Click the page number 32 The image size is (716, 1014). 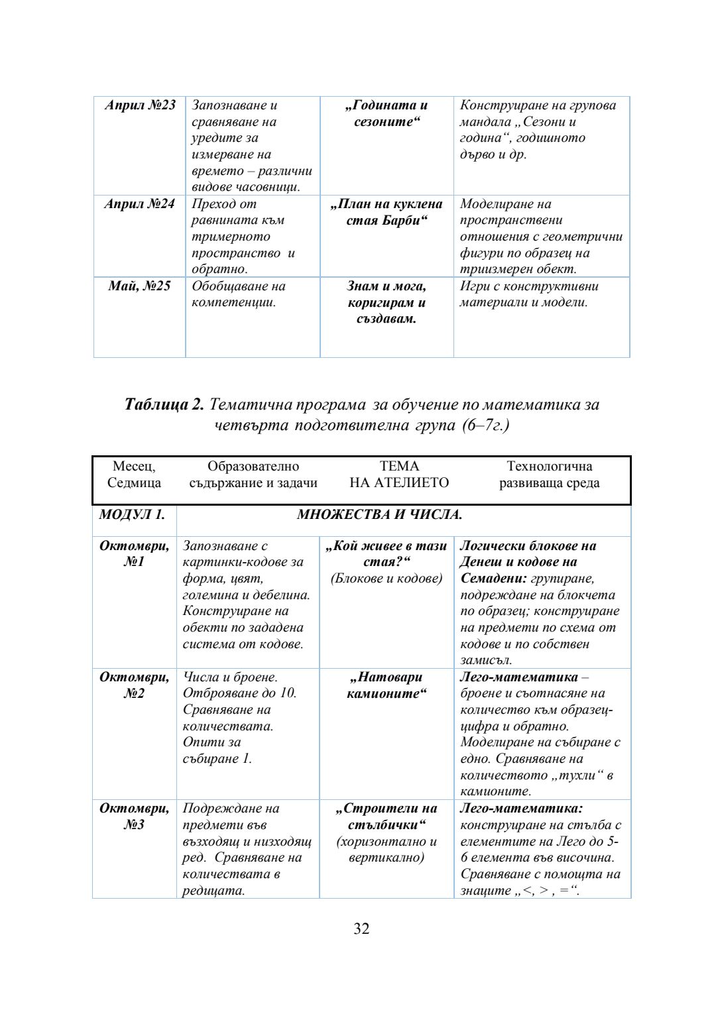tap(361, 929)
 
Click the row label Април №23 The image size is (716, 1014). tap(140, 105)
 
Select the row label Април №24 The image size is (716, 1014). tap(139, 204)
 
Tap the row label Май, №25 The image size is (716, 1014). tap(139, 286)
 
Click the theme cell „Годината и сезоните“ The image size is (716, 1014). tap(387, 113)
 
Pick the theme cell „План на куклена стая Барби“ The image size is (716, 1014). tap(387, 212)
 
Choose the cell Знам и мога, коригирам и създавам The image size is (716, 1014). tap(387, 302)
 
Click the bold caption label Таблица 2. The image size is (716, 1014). tap(165, 404)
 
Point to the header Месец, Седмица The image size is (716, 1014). tap(134, 475)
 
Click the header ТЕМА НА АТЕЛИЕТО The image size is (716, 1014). tap(399, 475)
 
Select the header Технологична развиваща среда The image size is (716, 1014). tap(549, 475)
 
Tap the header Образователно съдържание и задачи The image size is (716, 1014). tap(253, 475)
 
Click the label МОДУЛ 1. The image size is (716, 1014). tap(132, 515)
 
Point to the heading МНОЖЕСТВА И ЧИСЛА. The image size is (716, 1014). tap(379, 515)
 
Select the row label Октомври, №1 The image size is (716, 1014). tap(134, 554)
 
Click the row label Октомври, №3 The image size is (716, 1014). tap(134, 817)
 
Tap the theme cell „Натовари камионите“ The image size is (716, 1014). tap(387, 685)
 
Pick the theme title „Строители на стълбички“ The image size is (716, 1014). tap(387, 817)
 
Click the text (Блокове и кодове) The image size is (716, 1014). tap(387, 579)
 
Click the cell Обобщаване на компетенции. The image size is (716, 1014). tap(239, 294)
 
